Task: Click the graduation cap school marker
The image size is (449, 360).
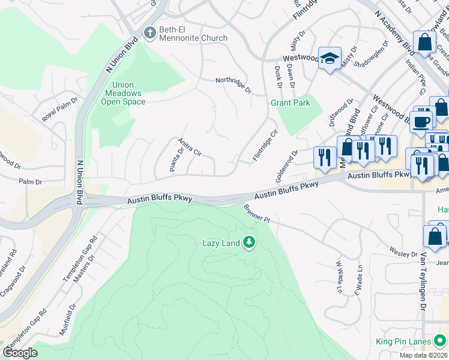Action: (330, 58)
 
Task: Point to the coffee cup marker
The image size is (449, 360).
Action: (421, 121)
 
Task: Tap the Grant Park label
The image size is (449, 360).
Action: (291, 103)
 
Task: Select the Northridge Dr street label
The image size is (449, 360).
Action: (234, 85)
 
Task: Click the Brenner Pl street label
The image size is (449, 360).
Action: (258, 214)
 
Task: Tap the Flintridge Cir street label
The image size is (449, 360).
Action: (265, 146)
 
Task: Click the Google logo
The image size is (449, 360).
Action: (20, 352)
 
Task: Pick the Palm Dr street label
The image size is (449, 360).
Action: (30, 181)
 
